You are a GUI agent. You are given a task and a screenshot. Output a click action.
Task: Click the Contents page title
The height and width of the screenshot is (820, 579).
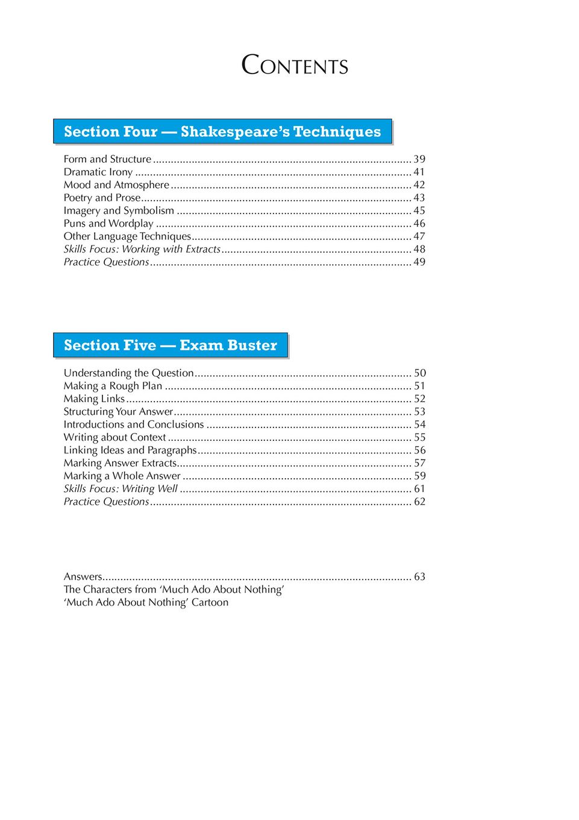(295, 65)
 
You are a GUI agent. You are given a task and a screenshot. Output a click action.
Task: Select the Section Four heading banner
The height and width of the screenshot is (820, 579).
(222, 131)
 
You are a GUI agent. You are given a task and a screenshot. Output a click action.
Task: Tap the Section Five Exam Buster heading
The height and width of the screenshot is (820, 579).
(171, 345)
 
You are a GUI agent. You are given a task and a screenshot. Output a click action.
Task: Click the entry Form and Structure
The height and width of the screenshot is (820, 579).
(107, 159)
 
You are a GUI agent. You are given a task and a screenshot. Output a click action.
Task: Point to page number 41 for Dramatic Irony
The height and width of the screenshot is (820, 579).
(419, 172)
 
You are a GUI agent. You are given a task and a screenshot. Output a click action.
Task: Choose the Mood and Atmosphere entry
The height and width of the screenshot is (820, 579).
(116, 185)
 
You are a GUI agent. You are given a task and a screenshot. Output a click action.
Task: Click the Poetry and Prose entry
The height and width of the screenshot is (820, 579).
(102, 198)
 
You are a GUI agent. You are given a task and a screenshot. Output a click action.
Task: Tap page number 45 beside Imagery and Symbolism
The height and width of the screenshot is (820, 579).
(419, 210)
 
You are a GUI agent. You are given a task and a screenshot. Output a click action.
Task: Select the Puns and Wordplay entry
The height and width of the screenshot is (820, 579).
(108, 224)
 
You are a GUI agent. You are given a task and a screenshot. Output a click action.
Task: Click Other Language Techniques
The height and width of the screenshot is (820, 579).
(127, 236)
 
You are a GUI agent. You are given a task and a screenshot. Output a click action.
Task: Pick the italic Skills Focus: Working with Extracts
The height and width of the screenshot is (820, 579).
(142, 249)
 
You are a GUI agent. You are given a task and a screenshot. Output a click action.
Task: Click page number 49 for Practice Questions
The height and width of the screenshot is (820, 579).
(419, 262)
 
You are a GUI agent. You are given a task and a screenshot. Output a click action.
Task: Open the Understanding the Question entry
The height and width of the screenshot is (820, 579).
(128, 373)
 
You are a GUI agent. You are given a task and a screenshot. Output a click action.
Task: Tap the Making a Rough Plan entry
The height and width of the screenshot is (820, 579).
(113, 386)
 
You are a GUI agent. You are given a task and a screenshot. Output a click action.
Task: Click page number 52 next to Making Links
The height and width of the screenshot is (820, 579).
(420, 399)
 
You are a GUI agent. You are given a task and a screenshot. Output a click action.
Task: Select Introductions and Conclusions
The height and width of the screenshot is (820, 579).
(134, 424)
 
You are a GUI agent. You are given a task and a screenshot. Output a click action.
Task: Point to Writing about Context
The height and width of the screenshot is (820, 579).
(114, 437)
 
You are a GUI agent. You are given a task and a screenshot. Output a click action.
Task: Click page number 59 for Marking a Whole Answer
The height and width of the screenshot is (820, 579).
(420, 476)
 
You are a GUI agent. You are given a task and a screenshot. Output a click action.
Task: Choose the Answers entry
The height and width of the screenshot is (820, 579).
(83, 577)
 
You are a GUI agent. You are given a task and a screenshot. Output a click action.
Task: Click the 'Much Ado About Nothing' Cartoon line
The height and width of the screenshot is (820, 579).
(146, 602)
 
